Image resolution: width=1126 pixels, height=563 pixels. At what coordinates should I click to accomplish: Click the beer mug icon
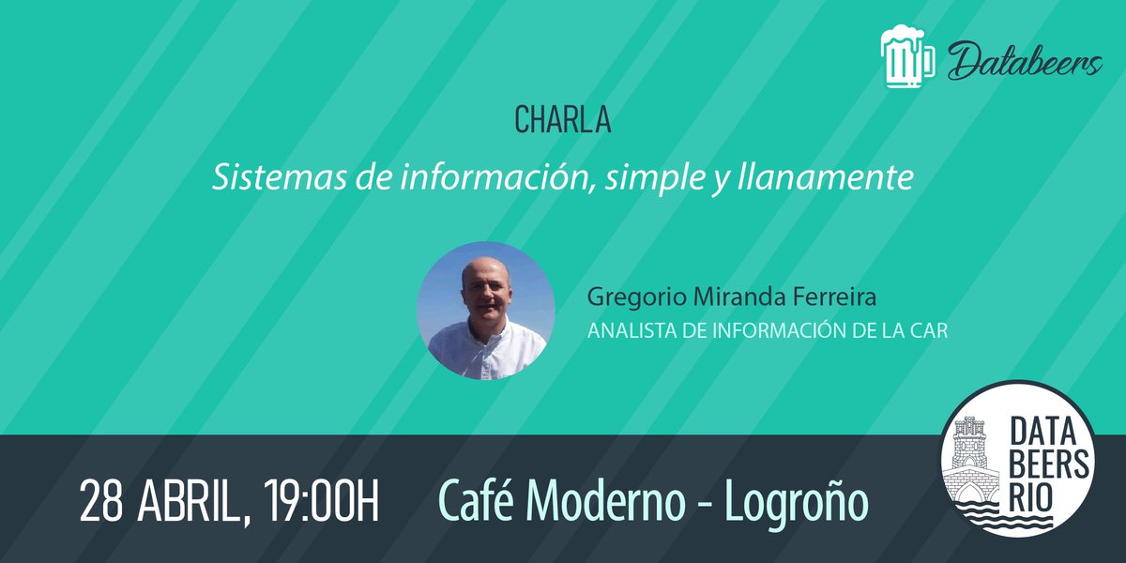point(908,58)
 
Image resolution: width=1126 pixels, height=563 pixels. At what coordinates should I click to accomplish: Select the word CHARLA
point(562,120)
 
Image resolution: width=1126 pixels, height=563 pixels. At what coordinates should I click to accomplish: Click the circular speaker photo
point(486,311)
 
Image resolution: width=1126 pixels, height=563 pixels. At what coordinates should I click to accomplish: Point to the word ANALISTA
point(629,331)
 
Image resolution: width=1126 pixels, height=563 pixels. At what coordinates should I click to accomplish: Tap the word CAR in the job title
point(929,331)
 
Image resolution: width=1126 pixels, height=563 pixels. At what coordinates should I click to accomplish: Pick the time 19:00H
point(321,502)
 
